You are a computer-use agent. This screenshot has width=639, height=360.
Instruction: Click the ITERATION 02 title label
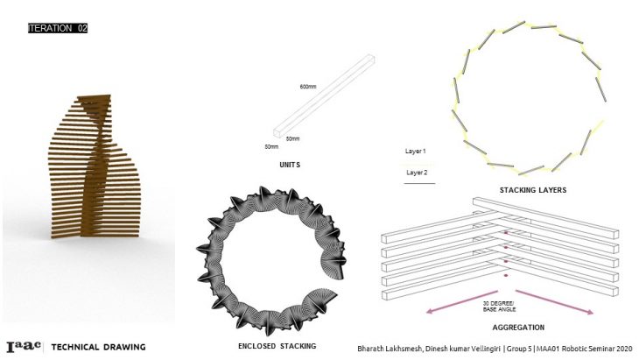pyautogui.click(x=58, y=28)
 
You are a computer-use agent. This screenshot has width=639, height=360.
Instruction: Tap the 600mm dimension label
pyautogui.click(x=308, y=87)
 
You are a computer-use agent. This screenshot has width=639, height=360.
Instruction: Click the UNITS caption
pyautogui.click(x=290, y=165)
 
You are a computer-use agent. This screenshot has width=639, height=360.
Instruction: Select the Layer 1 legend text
pyautogui.click(x=415, y=152)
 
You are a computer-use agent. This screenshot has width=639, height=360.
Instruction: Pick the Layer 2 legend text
pyautogui.click(x=417, y=173)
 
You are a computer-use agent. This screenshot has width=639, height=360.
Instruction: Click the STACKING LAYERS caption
pyautogui.click(x=533, y=190)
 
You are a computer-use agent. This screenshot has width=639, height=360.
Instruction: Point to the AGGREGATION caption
pyautogui.click(x=518, y=328)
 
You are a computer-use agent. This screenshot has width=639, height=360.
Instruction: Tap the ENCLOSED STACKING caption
pyautogui.click(x=277, y=346)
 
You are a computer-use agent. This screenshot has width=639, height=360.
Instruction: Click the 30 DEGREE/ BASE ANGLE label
pyautogui.click(x=499, y=307)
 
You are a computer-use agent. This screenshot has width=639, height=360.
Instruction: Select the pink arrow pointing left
pyautogui.click(x=461, y=302)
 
